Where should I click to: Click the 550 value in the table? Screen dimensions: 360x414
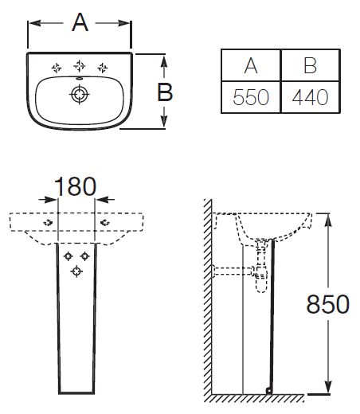click(251, 97)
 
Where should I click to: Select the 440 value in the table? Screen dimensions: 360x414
click(310, 97)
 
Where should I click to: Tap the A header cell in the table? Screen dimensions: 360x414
click(251, 65)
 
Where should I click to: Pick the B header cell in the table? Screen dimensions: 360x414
click(310, 65)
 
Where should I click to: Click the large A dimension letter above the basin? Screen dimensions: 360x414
click(80, 22)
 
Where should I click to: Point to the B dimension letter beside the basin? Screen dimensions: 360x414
click(165, 92)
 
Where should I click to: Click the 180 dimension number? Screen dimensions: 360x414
click(75, 186)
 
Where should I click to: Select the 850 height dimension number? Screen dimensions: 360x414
click(328, 304)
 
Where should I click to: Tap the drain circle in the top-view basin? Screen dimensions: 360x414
click(79, 95)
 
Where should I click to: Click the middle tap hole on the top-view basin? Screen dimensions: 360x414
click(79, 65)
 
